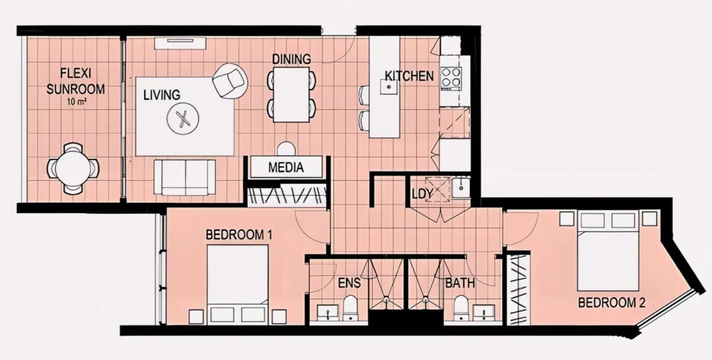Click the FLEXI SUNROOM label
tap(76, 81)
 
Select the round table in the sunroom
tap(73, 168)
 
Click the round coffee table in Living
tap(183, 119)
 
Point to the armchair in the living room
tap(230, 81)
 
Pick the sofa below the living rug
tap(185, 177)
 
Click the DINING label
tap(291, 59)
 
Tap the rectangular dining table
tap(291, 95)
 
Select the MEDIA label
tap(286, 167)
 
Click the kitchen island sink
tap(389, 87)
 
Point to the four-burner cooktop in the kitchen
tap(451, 78)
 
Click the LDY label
tap(422, 194)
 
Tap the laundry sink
tap(460, 188)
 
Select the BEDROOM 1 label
tap(239, 235)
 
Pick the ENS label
tap(349, 283)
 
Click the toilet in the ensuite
tap(350, 308)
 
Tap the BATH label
tap(460, 283)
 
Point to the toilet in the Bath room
tap(461, 308)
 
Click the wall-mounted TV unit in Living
tap(180, 43)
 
